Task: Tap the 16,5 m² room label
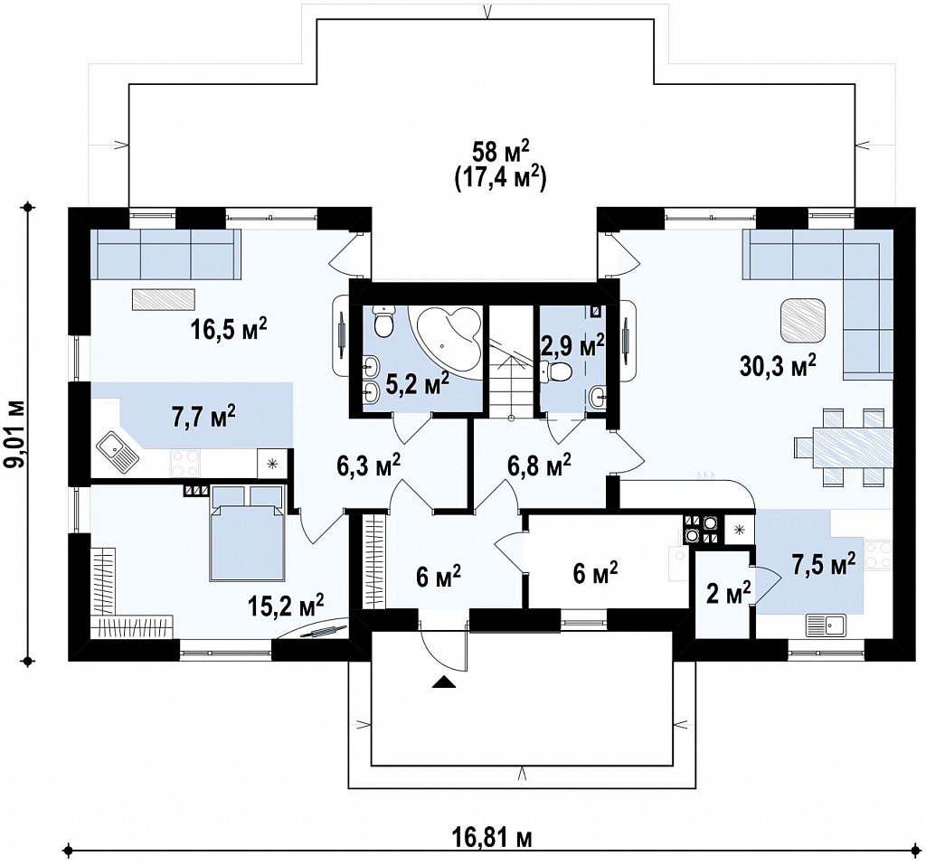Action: (x=229, y=328)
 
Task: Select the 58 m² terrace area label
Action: (x=499, y=153)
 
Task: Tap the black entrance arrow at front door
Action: (x=444, y=682)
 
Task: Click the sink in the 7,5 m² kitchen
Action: (x=827, y=625)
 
